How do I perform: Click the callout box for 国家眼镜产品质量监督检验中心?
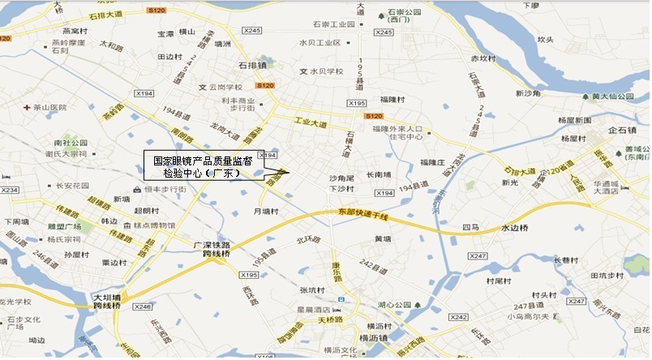click(198, 165)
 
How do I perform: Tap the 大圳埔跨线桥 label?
click(106, 302)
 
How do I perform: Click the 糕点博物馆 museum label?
click(154, 225)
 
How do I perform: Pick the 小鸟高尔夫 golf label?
click(535, 317)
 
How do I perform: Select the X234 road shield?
click(9, 191)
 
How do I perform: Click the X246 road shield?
click(143, 306)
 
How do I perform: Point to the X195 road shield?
click(357, 103)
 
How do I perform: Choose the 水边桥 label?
click(514, 228)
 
